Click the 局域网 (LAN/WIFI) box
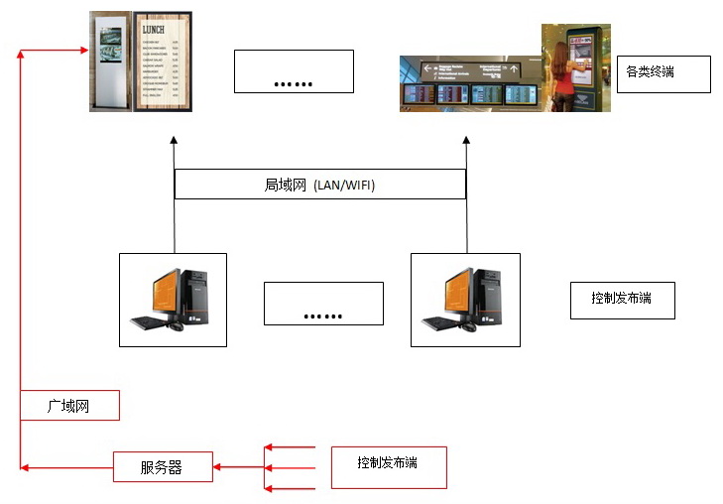pos(319,185)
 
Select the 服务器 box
pos(162,467)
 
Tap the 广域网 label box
pos(69,406)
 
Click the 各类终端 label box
pos(663,73)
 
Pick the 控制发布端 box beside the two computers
pos(622,299)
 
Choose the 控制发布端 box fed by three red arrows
pos(388,466)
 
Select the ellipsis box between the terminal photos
pos(294,71)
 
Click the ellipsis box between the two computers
pos(323,303)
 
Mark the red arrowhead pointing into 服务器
pos(220,466)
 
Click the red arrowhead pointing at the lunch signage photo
pos(83,48)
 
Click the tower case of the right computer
pos(488,295)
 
